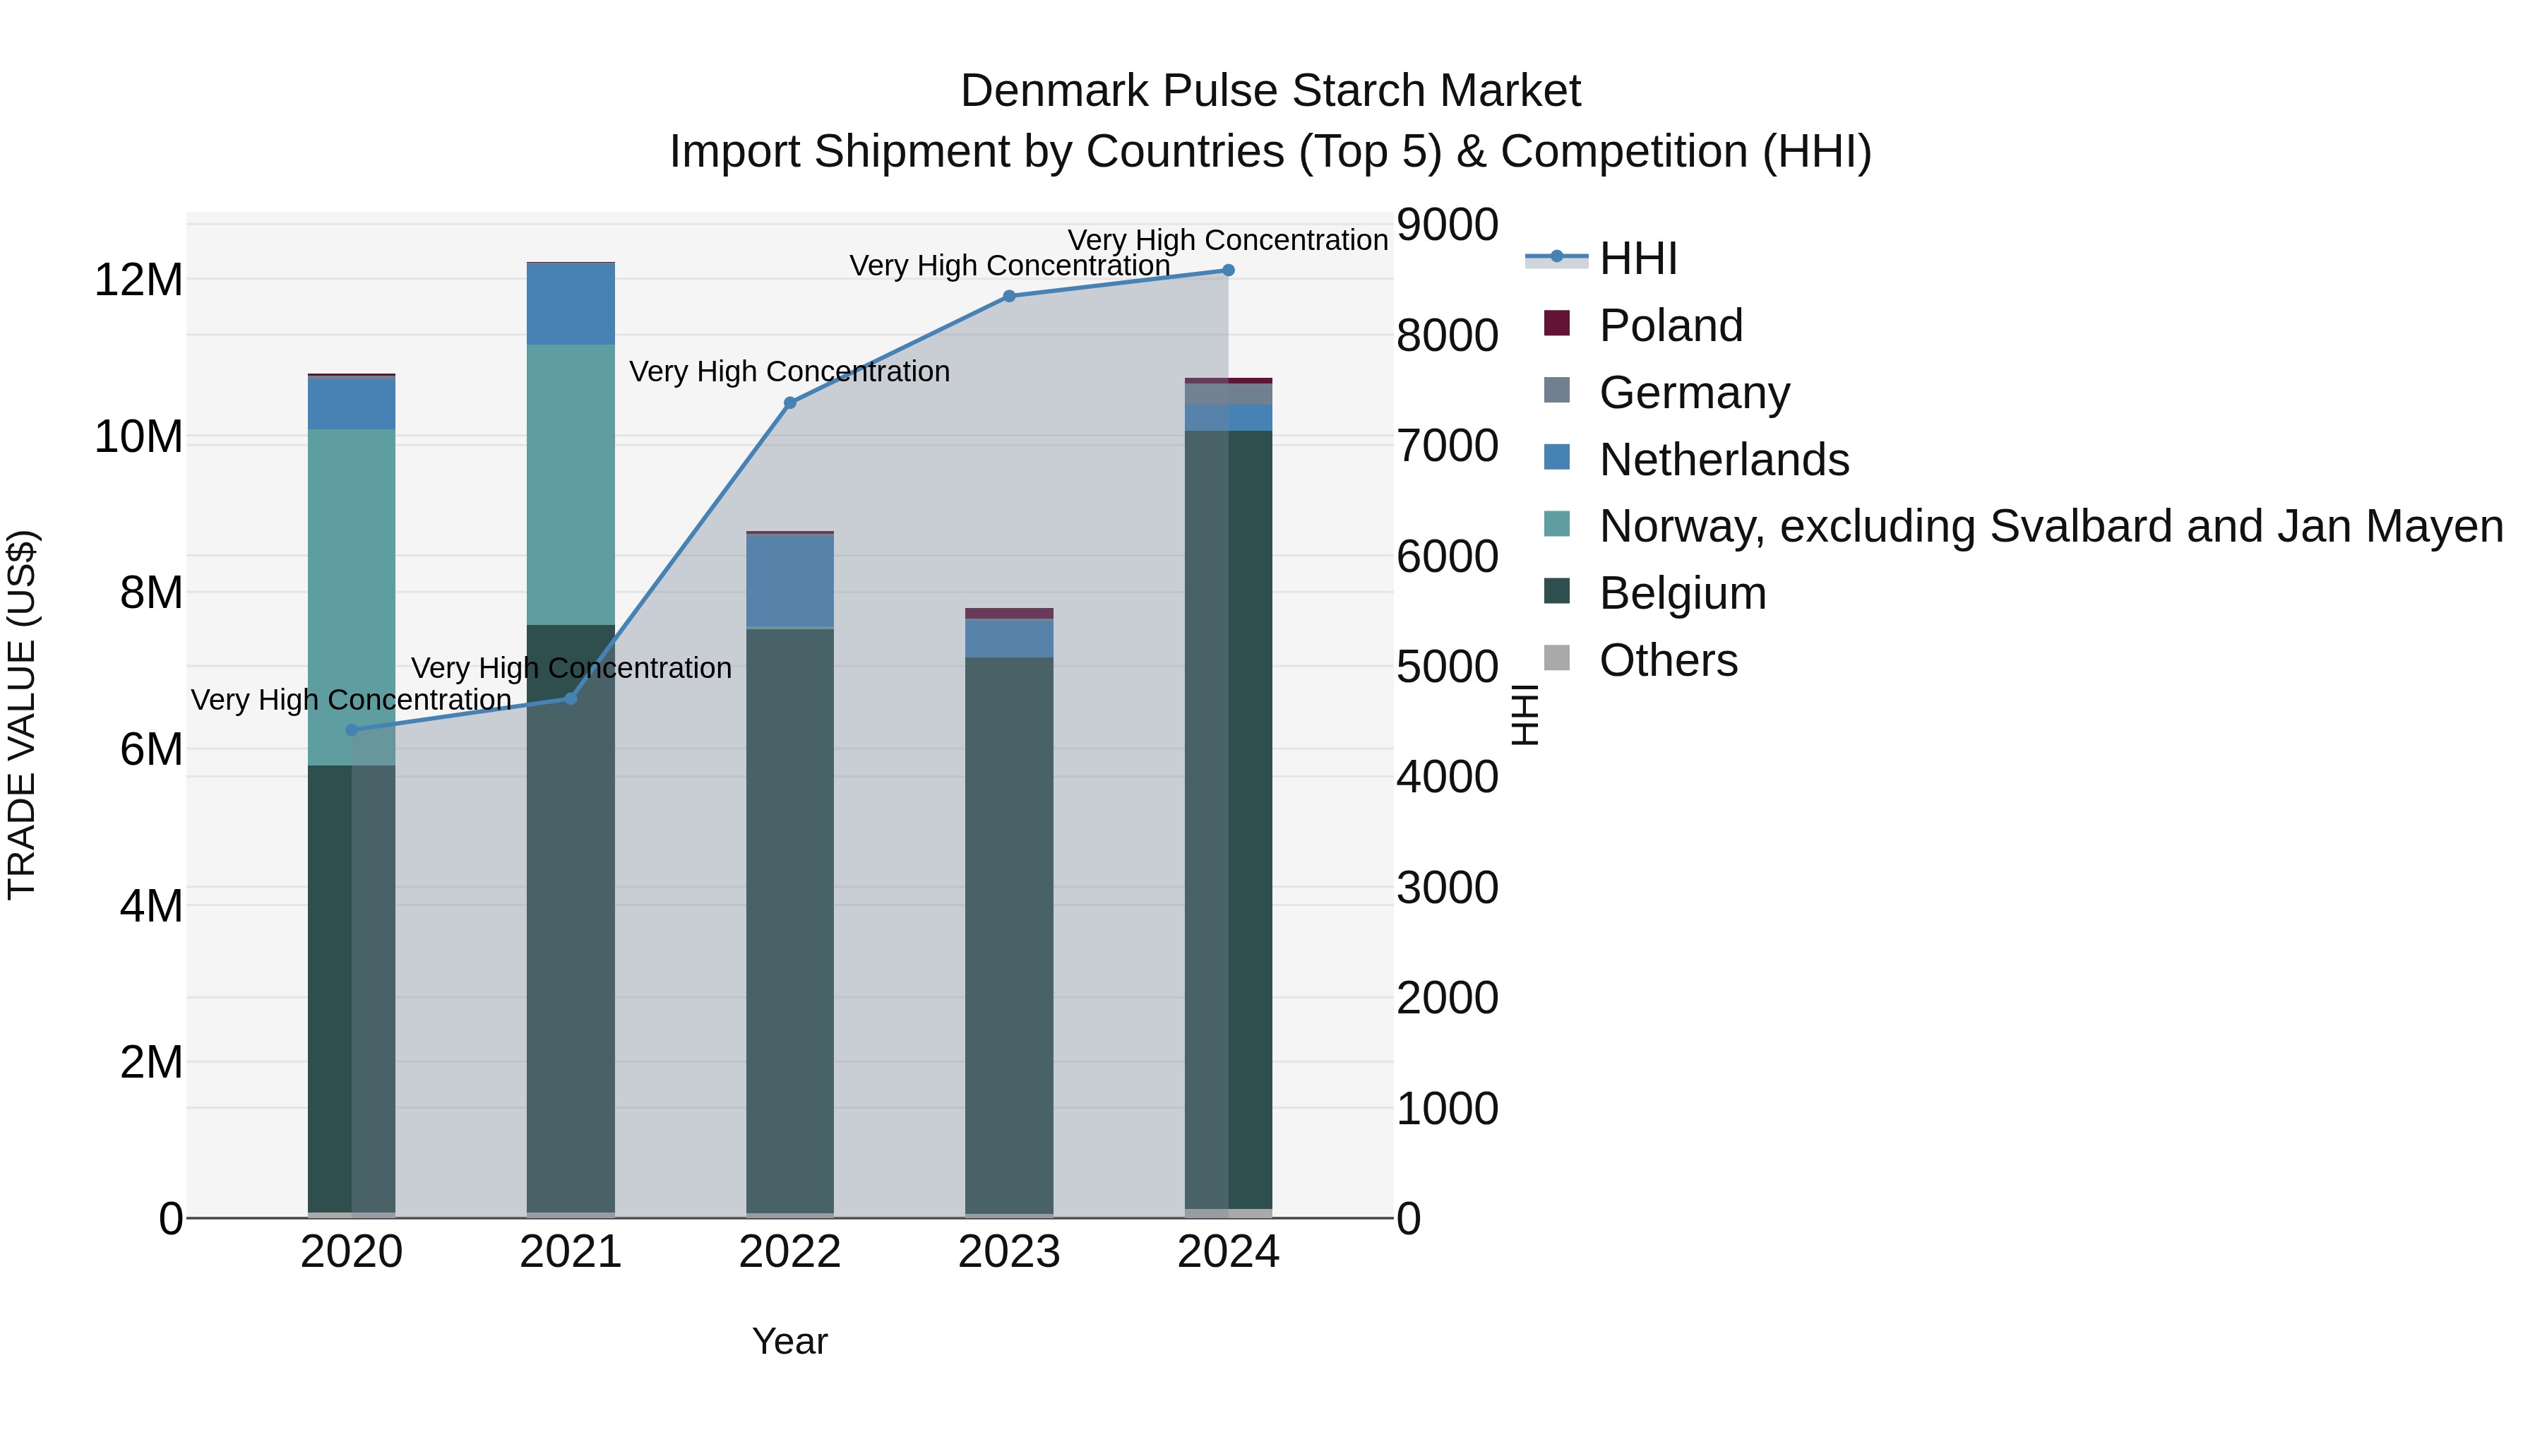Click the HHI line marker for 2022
click(x=789, y=403)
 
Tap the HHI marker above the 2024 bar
click(x=1228, y=270)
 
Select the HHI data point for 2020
click(x=352, y=730)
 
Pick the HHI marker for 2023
click(x=1008, y=296)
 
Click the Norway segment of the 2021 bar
click(x=571, y=484)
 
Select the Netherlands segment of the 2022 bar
click(x=789, y=580)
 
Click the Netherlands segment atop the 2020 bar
click(x=352, y=403)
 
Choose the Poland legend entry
click(x=1670, y=326)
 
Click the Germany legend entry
click(x=1693, y=393)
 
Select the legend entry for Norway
click(x=2051, y=526)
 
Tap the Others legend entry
click(x=1668, y=660)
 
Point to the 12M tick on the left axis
click(x=138, y=280)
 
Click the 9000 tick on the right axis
click(x=1447, y=225)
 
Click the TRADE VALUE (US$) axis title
click(x=22, y=715)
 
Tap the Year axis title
click(x=789, y=1341)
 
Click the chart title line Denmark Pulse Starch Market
click(x=1270, y=91)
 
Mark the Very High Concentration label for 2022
click(x=789, y=372)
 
